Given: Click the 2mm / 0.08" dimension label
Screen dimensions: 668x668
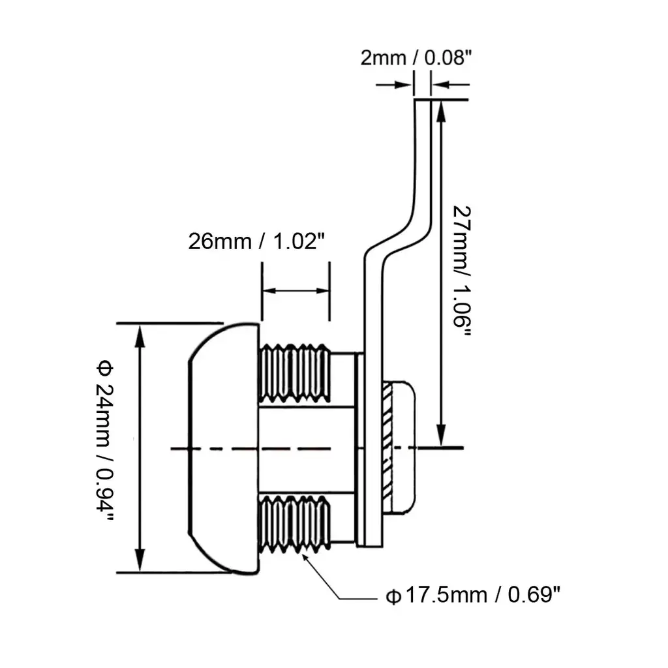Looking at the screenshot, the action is pos(416,57).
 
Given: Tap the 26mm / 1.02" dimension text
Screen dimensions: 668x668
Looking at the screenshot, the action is pos(256,241).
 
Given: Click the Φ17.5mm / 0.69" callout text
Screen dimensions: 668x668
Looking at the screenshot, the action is pos(473,595).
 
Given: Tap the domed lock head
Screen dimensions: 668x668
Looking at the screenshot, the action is pos(224,449).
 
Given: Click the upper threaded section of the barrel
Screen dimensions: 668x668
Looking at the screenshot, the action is pos(295,374).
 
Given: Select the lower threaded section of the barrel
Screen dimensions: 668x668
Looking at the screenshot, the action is pos(295,524).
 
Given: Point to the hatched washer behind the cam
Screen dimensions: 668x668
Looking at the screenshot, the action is pos(387,448).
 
